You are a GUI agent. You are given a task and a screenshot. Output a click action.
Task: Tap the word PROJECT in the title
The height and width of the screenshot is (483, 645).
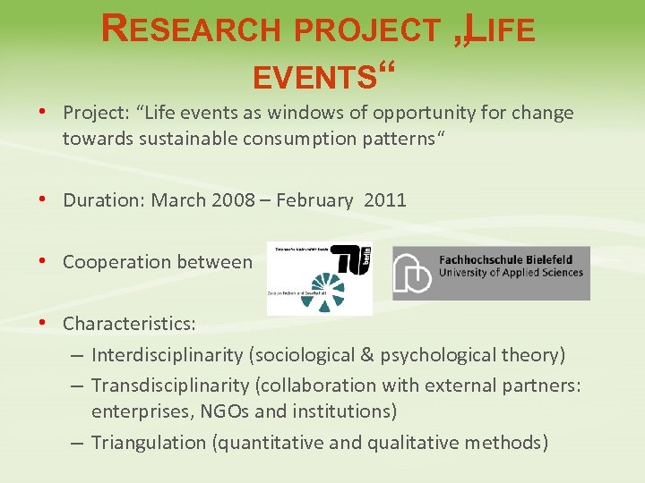tap(370, 30)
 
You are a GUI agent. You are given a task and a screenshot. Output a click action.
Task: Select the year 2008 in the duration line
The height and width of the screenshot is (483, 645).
tap(233, 200)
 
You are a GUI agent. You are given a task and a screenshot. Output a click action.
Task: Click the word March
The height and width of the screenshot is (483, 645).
tap(179, 200)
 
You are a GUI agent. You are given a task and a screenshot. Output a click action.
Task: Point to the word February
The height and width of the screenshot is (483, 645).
tap(314, 200)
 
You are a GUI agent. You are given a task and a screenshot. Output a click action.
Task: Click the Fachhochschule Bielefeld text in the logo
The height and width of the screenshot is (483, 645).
tap(510, 259)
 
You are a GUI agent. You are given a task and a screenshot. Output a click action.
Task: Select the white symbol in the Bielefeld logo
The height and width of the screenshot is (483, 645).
tap(413, 273)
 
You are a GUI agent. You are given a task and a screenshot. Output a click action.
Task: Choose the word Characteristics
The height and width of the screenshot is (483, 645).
tap(128, 322)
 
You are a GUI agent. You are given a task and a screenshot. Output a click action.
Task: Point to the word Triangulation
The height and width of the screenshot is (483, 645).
tap(149, 443)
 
